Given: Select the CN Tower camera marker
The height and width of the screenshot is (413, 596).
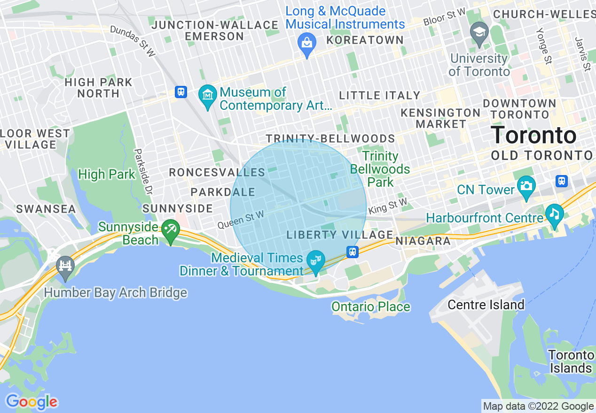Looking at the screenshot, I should coord(526,185).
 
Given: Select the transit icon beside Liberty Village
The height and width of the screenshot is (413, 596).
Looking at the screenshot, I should coord(353,252).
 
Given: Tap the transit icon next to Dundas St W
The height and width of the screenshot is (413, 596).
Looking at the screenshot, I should coord(181,92).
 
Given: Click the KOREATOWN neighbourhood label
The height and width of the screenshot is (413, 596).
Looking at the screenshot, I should coord(365,40).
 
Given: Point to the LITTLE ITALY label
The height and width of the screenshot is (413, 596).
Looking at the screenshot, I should coord(379,95).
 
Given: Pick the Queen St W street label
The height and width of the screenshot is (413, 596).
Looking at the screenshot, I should coord(240,220).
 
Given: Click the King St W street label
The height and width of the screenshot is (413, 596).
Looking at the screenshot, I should coord(388,206).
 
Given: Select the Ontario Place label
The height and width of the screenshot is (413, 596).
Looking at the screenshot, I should coord(371,307).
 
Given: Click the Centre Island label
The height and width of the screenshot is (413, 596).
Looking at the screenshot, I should coord(486,305).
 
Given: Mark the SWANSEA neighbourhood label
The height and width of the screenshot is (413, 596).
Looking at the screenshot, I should coord(47,209).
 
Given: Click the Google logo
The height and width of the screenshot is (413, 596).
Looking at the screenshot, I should coord(31,402).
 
